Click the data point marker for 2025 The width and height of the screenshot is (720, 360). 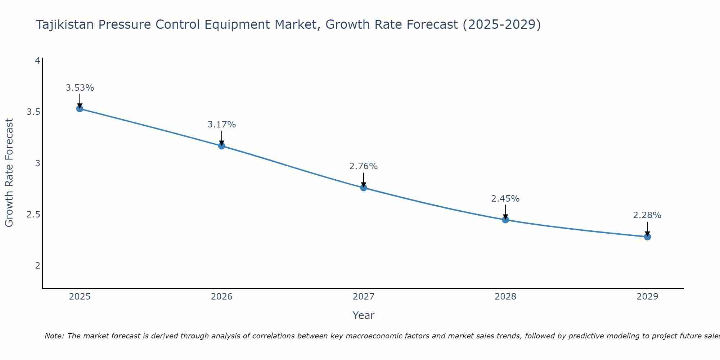click(x=80, y=109)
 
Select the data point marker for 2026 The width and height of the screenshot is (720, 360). click(x=222, y=146)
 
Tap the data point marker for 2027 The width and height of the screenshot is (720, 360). click(x=364, y=188)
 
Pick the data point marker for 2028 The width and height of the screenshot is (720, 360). click(x=505, y=220)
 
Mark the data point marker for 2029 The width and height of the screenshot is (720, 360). click(x=647, y=237)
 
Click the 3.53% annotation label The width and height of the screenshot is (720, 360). click(x=80, y=88)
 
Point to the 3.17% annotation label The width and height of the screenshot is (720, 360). click(x=222, y=125)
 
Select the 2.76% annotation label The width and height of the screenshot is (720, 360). click(x=364, y=166)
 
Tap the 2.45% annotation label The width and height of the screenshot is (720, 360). click(x=505, y=199)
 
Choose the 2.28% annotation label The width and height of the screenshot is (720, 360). click(x=647, y=215)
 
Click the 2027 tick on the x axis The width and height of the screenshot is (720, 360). click(x=364, y=297)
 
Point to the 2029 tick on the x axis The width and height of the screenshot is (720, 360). click(x=647, y=297)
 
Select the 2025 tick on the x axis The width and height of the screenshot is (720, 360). click(x=80, y=297)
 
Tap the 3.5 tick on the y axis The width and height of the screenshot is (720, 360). click(x=33, y=112)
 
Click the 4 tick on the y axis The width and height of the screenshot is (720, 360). click(x=37, y=61)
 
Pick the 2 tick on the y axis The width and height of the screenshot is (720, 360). click(x=37, y=266)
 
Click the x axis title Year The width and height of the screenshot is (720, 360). click(x=364, y=315)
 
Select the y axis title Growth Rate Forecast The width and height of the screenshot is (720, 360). click(x=9, y=173)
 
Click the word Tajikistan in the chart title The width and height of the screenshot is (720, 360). click(x=65, y=24)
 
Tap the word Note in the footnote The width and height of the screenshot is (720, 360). click(x=54, y=336)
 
